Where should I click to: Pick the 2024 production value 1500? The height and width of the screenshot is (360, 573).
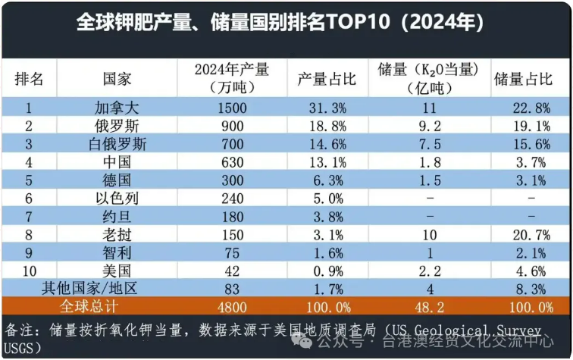(x=231, y=108)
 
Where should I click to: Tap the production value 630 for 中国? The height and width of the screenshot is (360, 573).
(x=231, y=162)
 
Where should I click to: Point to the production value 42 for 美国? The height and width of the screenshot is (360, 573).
(x=231, y=271)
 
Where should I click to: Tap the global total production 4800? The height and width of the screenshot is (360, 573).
(x=231, y=306)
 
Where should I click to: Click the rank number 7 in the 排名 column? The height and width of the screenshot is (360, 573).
(x=29, y=216)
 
